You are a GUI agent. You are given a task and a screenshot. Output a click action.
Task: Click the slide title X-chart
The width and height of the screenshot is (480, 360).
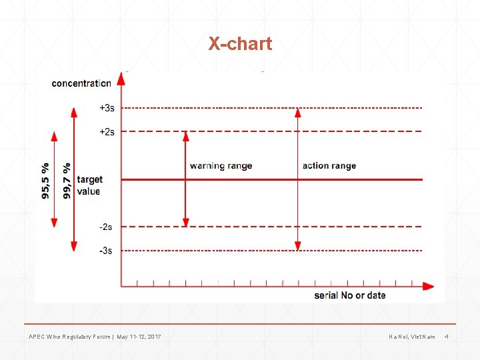[240, 44]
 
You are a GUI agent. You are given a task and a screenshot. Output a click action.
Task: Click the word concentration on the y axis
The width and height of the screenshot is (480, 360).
[81, 83]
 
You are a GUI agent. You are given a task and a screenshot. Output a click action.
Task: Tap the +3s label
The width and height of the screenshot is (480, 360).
[107, 108]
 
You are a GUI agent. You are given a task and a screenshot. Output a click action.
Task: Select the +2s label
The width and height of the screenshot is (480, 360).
[107, 131]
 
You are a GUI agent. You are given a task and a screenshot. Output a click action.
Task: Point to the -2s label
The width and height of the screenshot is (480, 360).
[106, 227]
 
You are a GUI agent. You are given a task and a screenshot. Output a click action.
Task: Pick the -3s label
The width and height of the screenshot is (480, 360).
[106, 251]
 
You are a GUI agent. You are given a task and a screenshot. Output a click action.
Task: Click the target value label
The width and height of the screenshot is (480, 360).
[89, 185]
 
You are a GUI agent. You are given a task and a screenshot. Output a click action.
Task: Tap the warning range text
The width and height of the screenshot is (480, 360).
[221, 165]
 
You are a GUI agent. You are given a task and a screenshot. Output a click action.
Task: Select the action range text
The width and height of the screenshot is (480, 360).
[329, 165]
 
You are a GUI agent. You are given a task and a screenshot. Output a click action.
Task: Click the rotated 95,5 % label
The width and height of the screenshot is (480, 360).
[45, 180]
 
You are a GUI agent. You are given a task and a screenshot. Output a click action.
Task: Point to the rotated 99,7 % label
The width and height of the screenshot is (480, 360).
[67, 180]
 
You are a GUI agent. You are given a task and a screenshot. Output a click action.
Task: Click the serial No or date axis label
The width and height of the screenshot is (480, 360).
[349, 295]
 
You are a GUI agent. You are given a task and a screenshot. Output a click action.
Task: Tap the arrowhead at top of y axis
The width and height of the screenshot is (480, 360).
[121, 79]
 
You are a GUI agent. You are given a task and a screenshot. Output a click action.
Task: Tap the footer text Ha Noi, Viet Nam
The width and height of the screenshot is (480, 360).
[412, 337]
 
